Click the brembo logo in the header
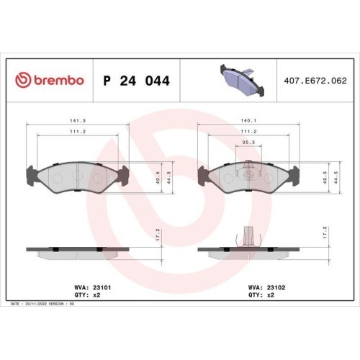click(x=50, y=80)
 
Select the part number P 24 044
click(x=137, y=81)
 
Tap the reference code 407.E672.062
click(x=315, y=81)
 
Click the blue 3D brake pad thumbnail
click(x=242, y=80)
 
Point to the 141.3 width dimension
click(x=78, y=121)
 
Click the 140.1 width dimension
click(x=248, y=121)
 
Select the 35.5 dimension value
click(x=248, y=143)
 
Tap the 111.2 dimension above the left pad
click(x=78, y=132)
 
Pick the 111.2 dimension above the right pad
click(x=248, y=132)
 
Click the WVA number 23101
click(x=102, y=287)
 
